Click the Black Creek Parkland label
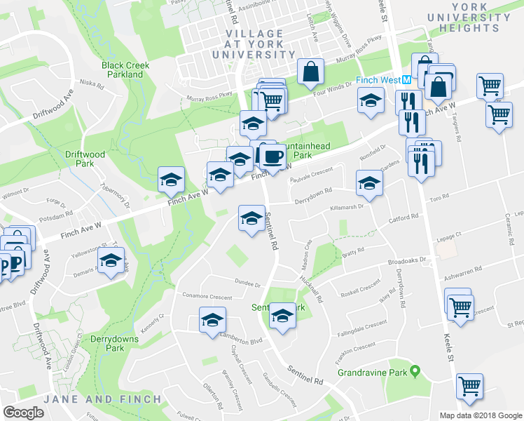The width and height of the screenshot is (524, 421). coord(125,69)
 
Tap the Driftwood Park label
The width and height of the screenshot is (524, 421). coord(79,158)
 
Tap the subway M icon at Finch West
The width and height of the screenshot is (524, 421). coord(406,80)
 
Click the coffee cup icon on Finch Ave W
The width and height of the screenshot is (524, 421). coord(273,156)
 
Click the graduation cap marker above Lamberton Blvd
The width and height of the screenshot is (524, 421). coord(212,320)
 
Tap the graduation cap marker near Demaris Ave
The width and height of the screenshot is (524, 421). coord(111,260)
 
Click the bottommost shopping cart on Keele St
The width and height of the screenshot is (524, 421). coord(469,385)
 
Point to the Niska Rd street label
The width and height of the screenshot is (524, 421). coord(92,86)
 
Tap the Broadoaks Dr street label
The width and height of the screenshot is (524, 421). coord(407,260)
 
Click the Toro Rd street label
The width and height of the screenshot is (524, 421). coord(439,199)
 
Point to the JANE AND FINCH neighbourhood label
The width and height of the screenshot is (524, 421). coord(103,399)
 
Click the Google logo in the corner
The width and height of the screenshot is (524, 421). coord(23,412)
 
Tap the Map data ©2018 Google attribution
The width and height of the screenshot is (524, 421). coord(480,415)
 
